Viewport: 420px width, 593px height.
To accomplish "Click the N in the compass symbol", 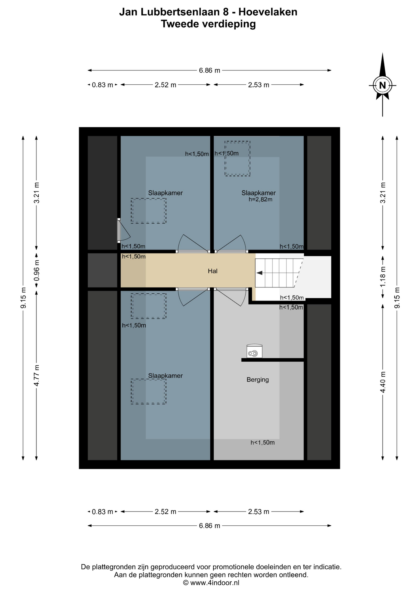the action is pos(383,85).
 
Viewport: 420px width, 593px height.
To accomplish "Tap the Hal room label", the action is pos(212,271).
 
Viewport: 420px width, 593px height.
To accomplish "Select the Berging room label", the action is pos(258,380).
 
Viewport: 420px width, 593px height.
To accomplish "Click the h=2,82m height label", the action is pos(260,200).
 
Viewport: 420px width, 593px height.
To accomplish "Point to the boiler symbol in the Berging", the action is pos(255,351).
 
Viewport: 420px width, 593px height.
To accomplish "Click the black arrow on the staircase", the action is pos(259,273).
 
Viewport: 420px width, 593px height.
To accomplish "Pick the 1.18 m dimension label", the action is pos(383,276).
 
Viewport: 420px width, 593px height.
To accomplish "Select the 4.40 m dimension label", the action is pos(383,382).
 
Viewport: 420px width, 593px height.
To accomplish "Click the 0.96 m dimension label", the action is pos(36,270).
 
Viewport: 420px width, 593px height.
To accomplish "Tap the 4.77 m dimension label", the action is pos(36,375).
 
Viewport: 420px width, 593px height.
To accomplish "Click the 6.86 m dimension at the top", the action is pos(209,70).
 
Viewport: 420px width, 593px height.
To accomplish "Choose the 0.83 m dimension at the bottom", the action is pos(102,512).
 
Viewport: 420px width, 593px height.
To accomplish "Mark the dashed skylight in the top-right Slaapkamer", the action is pos(237,159).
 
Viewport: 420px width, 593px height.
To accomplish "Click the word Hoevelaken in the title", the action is pos(268,12).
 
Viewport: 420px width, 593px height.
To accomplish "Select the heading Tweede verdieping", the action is pos(208,24).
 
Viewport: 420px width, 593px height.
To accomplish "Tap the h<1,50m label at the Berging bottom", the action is pos(263,443).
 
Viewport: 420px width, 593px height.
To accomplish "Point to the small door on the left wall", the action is pos(119,230).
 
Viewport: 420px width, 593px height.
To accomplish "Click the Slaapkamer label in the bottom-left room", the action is pos(165,376).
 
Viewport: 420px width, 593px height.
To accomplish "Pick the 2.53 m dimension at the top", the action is pos(259,85).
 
